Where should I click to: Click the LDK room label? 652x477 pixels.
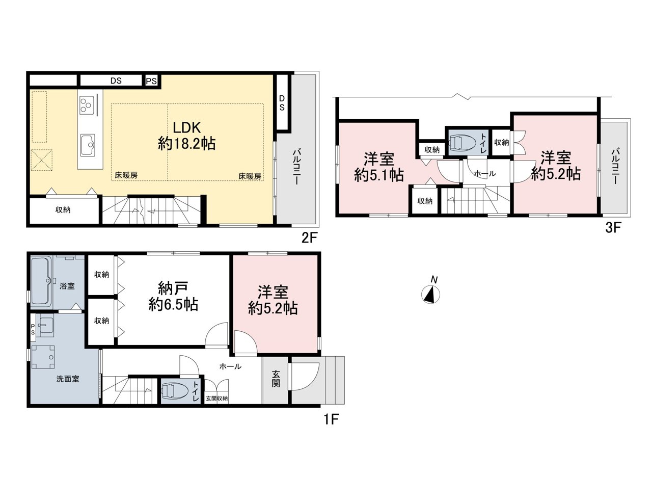coord(186,136)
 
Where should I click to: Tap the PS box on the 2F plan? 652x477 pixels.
coord(151,81)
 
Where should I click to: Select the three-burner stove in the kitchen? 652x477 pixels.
coord(87,105)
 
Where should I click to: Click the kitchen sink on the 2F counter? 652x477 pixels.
coord(88,144)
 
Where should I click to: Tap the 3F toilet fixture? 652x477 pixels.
coord(461,142)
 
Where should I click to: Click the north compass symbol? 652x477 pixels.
coord(431,294)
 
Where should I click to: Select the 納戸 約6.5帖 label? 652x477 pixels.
coord(173,297)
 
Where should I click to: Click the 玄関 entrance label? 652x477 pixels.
coord(276,379)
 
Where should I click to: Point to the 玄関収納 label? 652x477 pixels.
coord(217,399)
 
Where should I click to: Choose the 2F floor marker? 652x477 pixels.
coord(309,238)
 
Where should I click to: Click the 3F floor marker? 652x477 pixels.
coord(613,228)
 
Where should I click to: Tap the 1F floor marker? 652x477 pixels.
coord(332,419)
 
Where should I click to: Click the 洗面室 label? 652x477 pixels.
coord(68,379)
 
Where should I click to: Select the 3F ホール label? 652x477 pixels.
coord(484,174)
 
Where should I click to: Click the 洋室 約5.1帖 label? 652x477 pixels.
coord(379,167)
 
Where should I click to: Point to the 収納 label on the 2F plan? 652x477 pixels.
coord(63,209)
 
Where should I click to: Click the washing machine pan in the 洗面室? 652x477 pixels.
coord(43,357)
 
